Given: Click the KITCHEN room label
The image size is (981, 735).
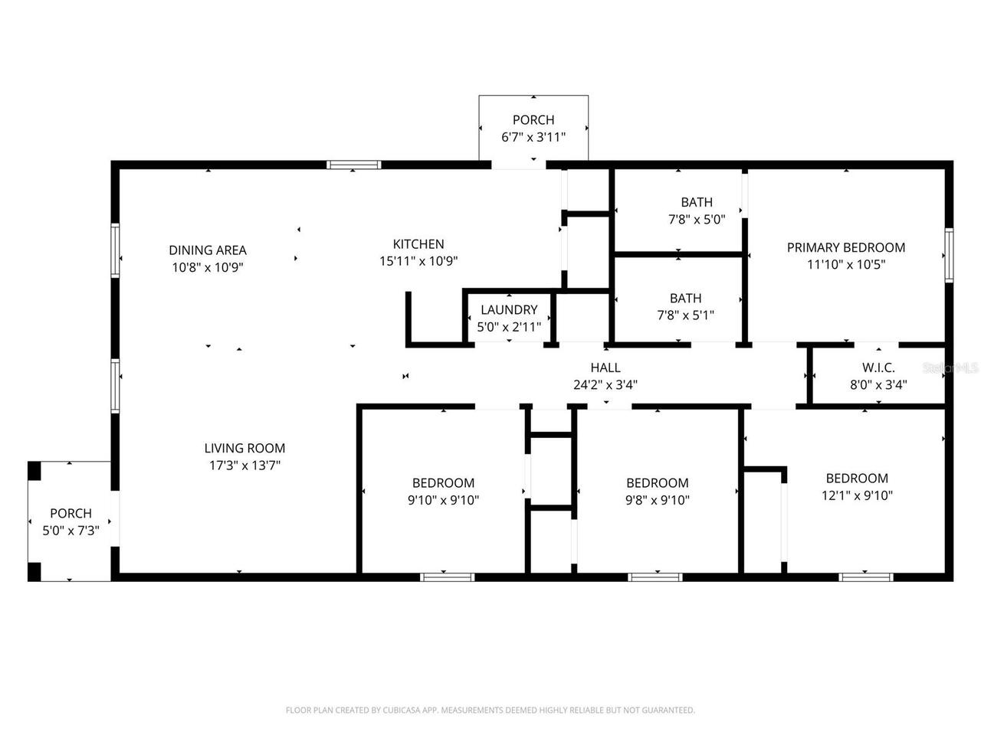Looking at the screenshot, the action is coord(418,244).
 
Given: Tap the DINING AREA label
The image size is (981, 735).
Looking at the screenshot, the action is coord(208,250).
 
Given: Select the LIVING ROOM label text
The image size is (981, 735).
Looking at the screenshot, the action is coord(245,448).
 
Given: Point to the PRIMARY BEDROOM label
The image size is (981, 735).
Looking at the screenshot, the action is coord(845,247).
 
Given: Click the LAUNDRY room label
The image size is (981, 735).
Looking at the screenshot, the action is coord(509,310).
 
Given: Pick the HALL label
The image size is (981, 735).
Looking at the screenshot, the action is coord(605,367).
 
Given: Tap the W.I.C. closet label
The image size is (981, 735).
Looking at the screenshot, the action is coord(878,367).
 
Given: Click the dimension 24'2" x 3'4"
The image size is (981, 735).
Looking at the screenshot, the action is coord(605,384).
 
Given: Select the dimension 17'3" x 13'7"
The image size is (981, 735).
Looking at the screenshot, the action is coord(245,465).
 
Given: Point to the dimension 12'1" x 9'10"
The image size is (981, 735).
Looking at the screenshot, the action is coord(857,495).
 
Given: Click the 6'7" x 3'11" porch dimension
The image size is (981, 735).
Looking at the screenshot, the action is coord(533,137).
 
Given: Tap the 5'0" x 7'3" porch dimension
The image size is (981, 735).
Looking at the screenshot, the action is coord(71,531).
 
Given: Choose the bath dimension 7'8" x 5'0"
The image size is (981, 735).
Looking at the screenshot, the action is coord(697,220).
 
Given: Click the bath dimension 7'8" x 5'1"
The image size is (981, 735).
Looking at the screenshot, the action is coord(686,315).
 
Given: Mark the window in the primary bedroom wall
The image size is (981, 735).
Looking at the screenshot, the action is coord(948,255).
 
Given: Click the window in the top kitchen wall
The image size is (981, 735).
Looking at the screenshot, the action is coord(354,165).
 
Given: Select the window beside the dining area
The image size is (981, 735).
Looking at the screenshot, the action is coord(115,250).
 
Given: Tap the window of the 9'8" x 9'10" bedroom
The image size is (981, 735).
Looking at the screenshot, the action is coord(655,577).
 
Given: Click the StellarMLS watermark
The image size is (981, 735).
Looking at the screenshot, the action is coord(950,367).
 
